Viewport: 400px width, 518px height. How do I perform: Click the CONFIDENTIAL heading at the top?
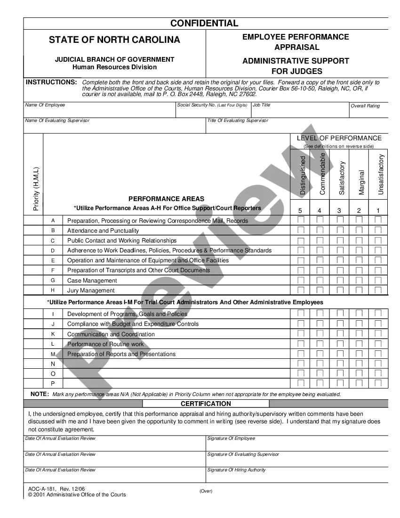[204, 24]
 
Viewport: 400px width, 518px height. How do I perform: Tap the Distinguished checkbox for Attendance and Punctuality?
[301, 230]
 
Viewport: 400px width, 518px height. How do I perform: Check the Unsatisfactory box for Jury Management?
[378, 290]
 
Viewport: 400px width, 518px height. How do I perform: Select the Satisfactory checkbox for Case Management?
[340, 280]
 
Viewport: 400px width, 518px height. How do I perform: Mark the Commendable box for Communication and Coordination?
[320, 334]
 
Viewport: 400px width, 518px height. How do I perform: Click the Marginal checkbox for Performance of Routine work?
[359, 344]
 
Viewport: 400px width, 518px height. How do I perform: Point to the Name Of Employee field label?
[45, 105]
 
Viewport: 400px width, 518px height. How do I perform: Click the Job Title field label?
[262, 105]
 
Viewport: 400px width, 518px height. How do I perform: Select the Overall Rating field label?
[365, 106]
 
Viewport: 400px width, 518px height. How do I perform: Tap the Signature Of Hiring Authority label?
[236, 469]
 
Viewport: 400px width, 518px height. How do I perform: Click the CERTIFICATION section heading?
[206, 404]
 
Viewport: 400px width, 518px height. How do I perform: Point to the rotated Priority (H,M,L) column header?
[36, 189]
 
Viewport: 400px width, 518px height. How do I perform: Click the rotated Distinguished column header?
[303, 175]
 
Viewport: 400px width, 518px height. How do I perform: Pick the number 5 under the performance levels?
[301, 210]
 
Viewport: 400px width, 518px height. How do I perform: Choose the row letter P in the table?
[53, 383]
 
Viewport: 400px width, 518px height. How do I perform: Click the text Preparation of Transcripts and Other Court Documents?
[138, 270]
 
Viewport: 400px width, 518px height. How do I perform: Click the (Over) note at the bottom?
[206, 491]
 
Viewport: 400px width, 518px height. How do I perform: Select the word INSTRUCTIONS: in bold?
[51, 82]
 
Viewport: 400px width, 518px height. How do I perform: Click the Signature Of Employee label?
[231, 438]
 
